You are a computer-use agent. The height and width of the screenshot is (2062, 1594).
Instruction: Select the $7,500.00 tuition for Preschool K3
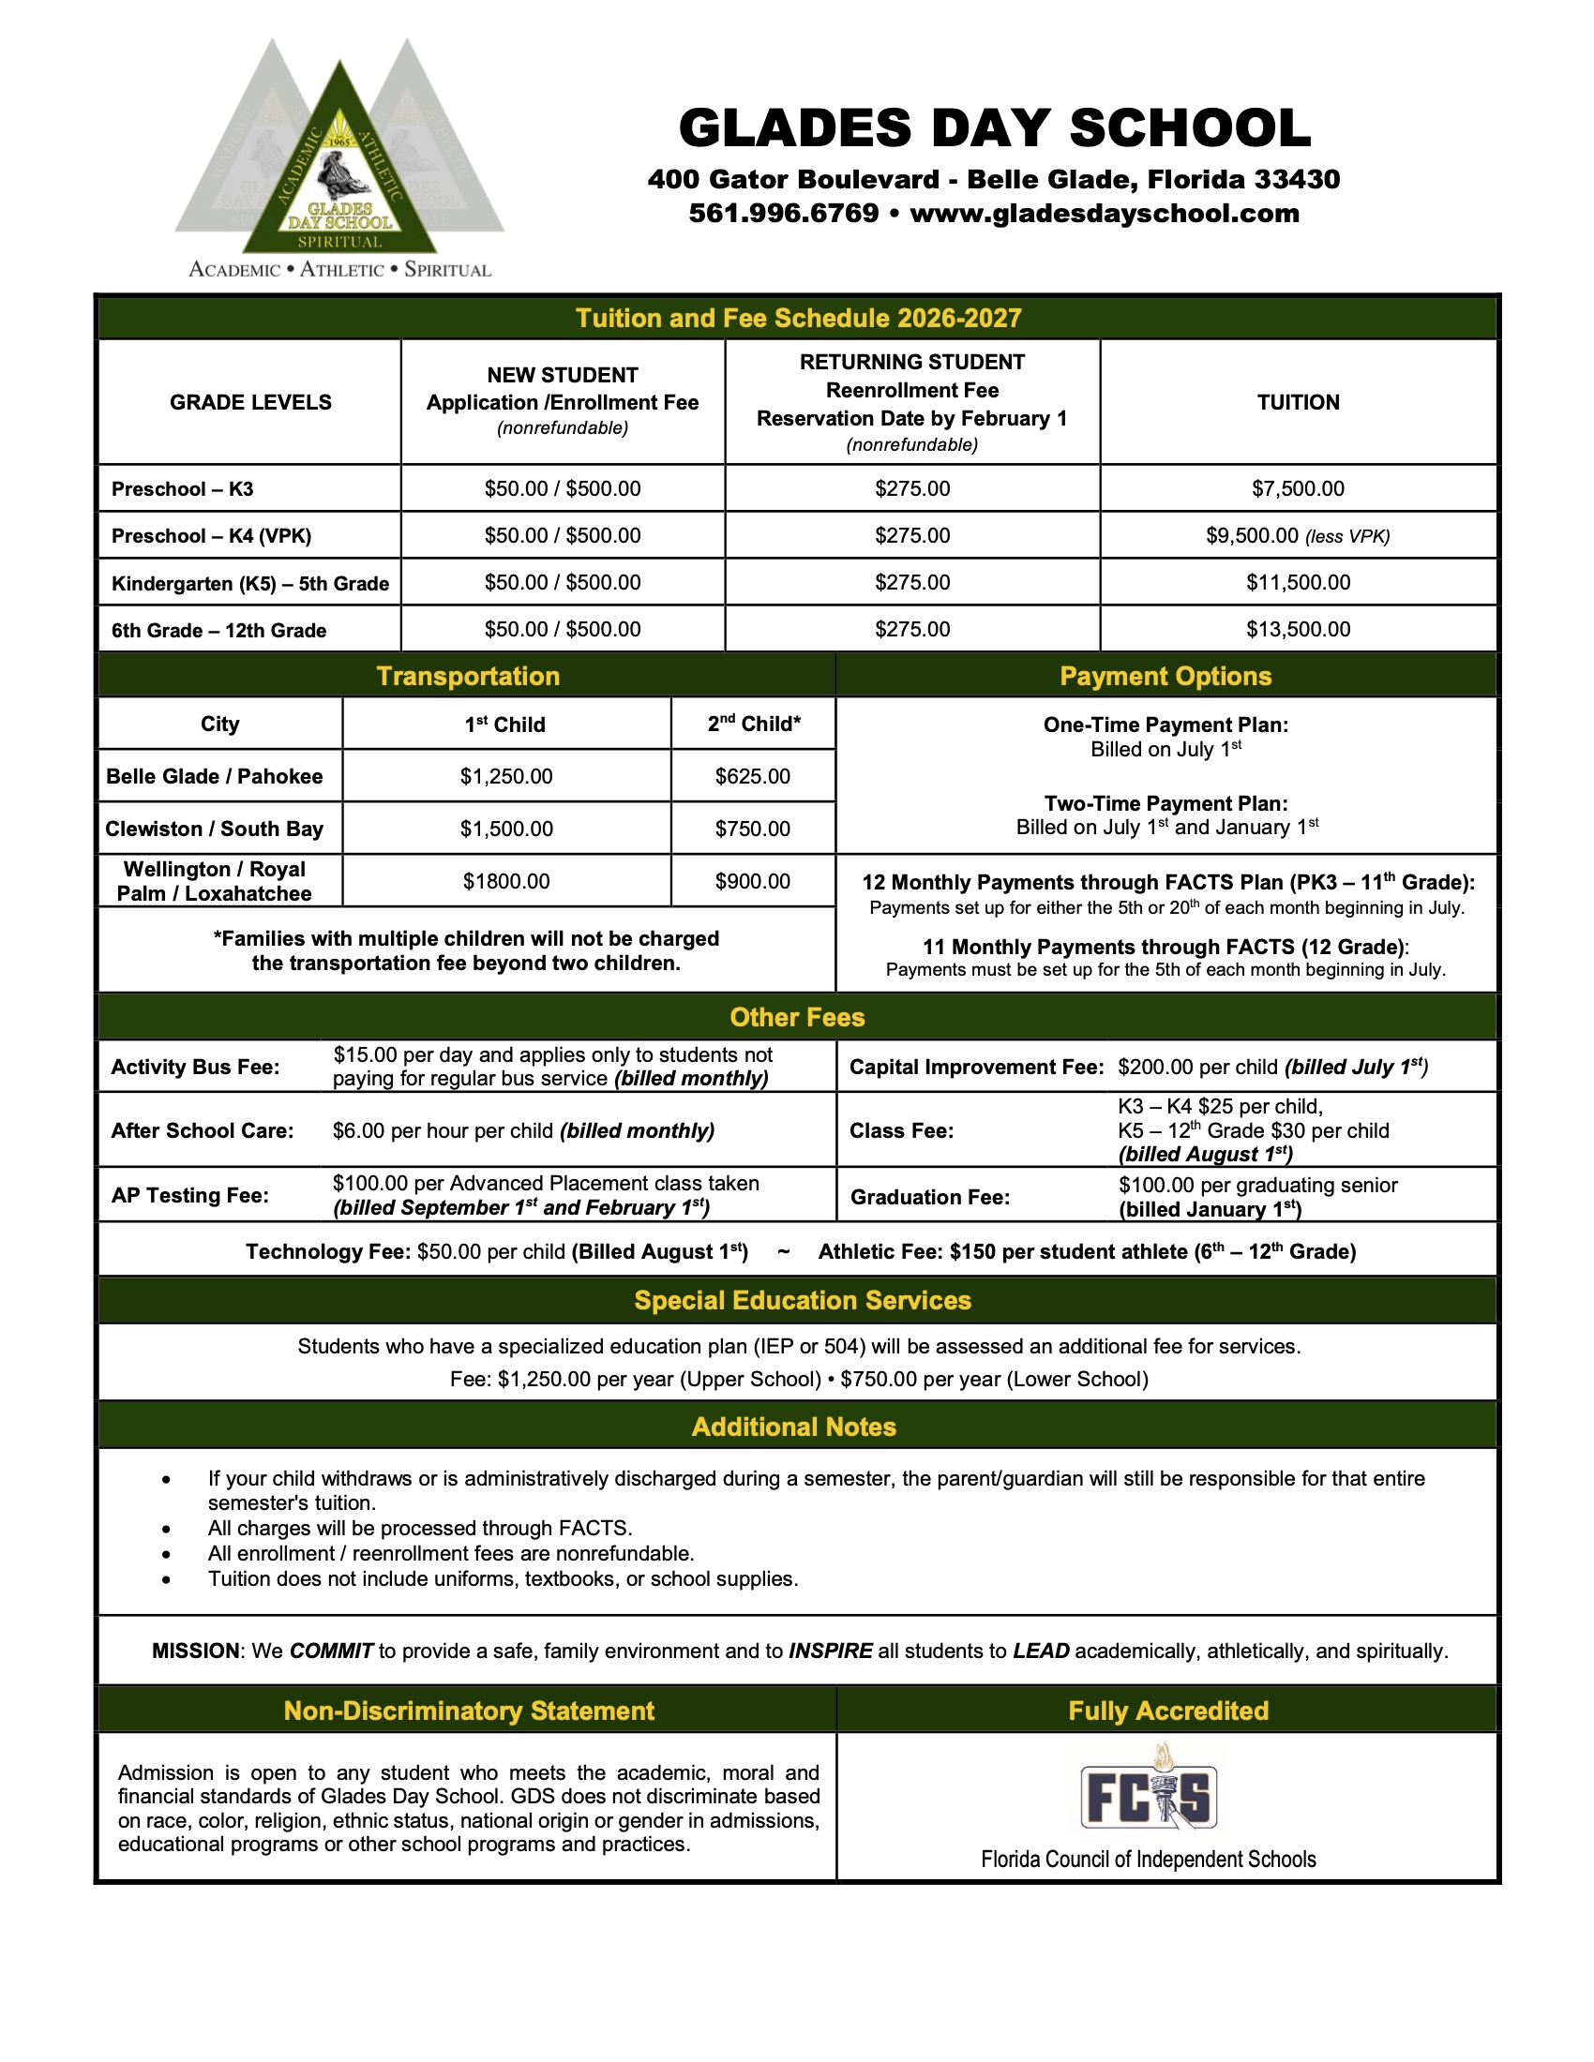[1298, 488]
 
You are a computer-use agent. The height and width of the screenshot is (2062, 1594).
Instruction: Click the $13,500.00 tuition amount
[1298, 629]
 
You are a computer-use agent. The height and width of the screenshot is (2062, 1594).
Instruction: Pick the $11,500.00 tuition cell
[1298, 582]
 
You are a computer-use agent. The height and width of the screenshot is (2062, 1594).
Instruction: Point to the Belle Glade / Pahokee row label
[215, 776]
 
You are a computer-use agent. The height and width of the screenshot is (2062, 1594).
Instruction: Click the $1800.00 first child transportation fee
[506, 881]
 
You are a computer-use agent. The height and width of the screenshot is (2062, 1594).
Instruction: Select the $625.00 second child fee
[753, 776]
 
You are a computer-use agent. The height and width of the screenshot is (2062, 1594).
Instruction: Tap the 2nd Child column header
[754, 725]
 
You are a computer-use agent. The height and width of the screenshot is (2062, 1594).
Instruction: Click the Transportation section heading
[468, 676]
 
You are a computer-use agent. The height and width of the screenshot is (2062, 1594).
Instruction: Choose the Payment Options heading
[1165, 676]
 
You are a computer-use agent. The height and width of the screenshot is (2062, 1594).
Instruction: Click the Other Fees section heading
[797, 1017]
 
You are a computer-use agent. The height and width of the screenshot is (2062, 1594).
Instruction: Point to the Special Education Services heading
[802, 1300]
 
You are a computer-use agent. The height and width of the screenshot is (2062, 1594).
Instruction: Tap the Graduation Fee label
[930, 1197]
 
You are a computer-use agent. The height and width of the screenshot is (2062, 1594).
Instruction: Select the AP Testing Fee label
[189, 1195]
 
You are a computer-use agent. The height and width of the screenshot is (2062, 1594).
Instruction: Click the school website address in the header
[1104, 214]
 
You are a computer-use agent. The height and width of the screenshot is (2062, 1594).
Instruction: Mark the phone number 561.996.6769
[784, 214]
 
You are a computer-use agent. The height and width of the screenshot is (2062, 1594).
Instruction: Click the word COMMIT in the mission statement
[331, 1651]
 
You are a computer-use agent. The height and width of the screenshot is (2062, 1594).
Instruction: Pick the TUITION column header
[1298, 402]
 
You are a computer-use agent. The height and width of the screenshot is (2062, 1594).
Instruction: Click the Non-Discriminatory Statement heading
[469, 1711]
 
